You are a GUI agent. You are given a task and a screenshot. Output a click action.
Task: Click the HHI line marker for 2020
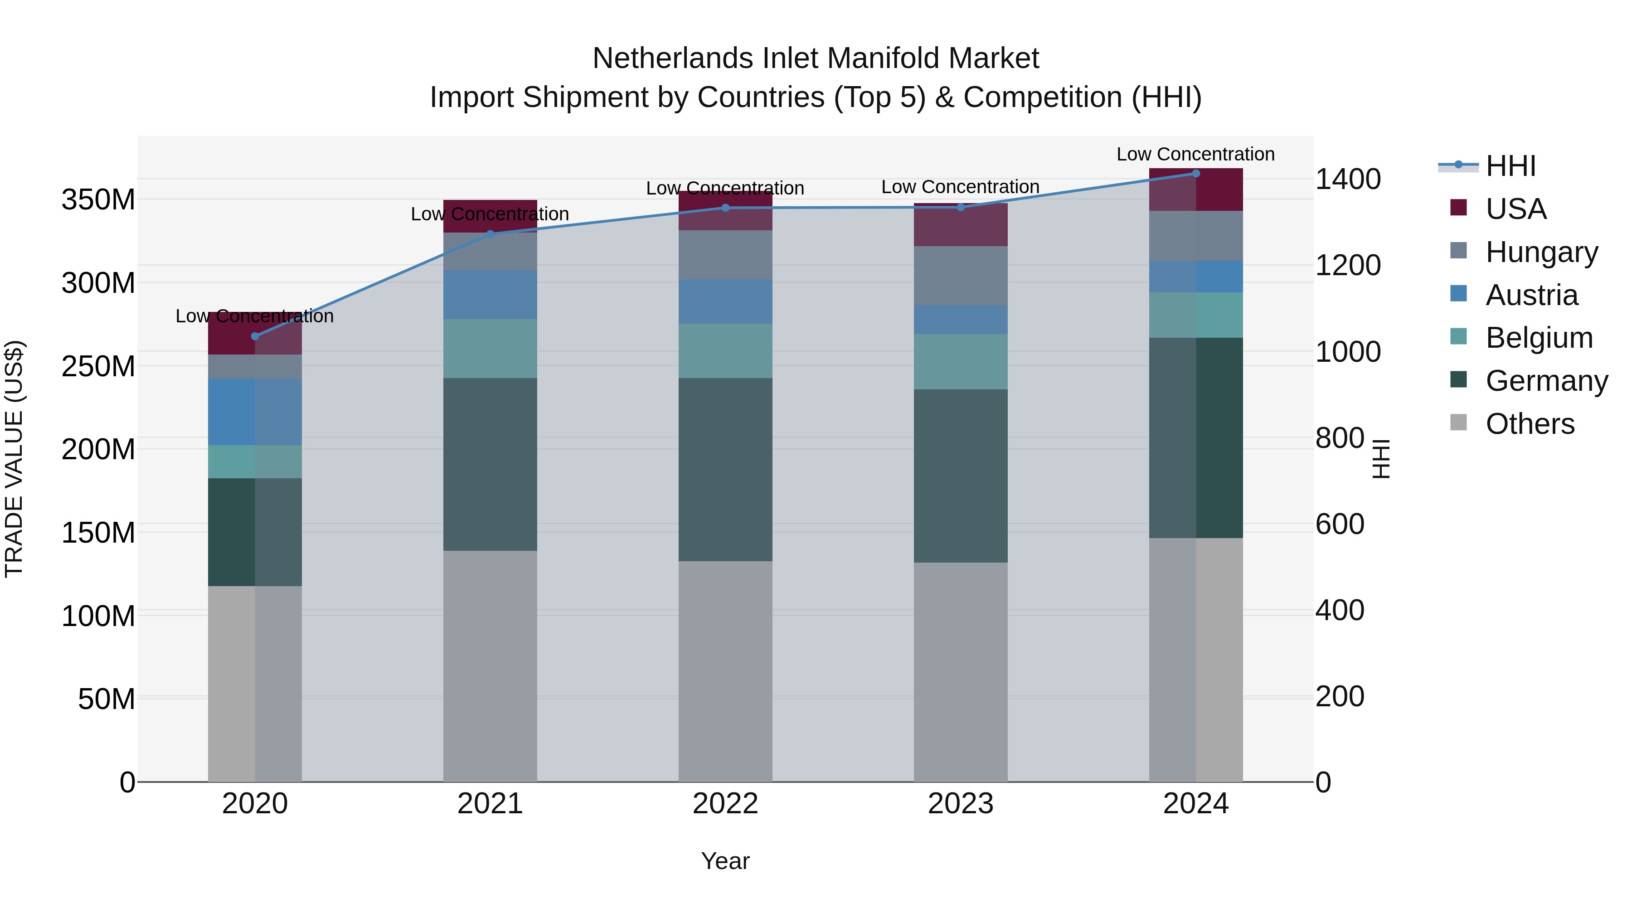coord(255,336)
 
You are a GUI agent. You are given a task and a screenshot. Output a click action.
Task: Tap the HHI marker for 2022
coord(725,208)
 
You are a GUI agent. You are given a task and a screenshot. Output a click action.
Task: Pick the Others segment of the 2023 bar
coord(961,671)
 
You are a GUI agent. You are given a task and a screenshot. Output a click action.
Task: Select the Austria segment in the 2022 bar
coord(725,301)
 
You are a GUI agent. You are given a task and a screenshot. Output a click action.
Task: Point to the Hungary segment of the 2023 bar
coord(961,276)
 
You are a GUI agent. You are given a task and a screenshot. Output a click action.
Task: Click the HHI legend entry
coord(1511,166)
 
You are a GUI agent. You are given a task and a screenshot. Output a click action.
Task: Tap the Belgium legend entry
coord(1538,338)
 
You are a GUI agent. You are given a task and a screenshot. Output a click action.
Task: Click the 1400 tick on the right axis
coord(1348,179)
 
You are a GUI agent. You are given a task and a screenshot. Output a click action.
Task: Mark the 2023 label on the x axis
coord(961,804)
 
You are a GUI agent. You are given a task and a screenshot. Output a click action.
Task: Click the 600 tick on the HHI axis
coord(1339,524)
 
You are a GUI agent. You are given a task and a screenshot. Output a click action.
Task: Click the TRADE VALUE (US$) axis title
coord(14,459)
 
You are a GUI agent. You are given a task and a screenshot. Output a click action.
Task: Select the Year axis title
coord(725,861)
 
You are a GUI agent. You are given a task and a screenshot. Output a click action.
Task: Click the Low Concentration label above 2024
coord(1195,154)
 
